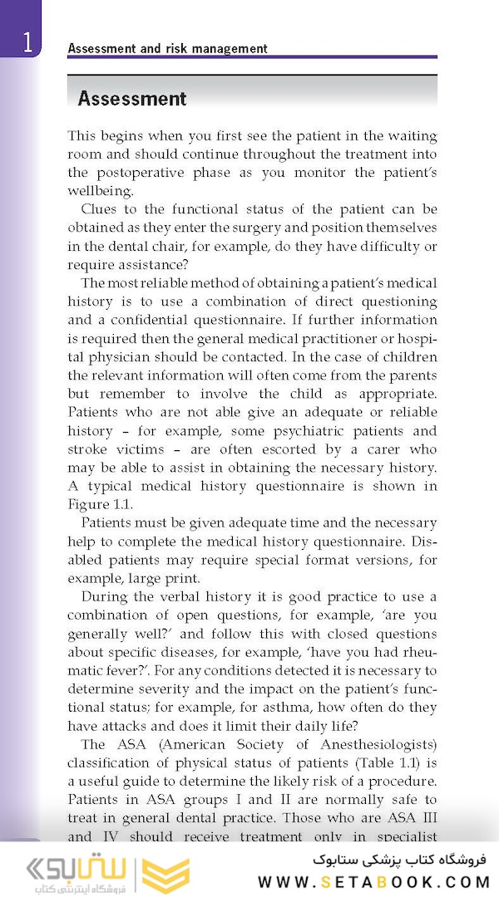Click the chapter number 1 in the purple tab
point(28,42)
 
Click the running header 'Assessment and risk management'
point(167,48)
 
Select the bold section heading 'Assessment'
point(131,99)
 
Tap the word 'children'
point(408,356)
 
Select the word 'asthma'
point(272,707)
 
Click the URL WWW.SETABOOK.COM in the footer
point(373,881)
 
